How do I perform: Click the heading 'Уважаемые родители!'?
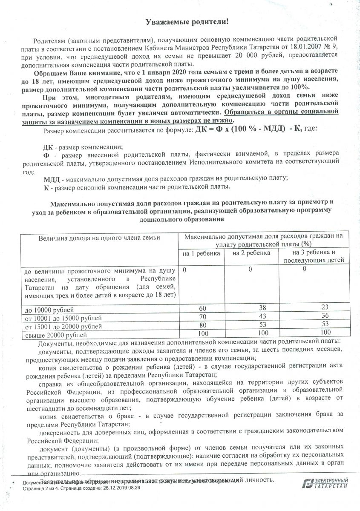(x=181, y=21)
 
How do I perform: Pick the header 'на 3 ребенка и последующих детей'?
(x=309, y=256)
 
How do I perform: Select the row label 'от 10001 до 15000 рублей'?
(x=63, y=318)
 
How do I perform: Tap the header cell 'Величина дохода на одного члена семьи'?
(x=99, y=238)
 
